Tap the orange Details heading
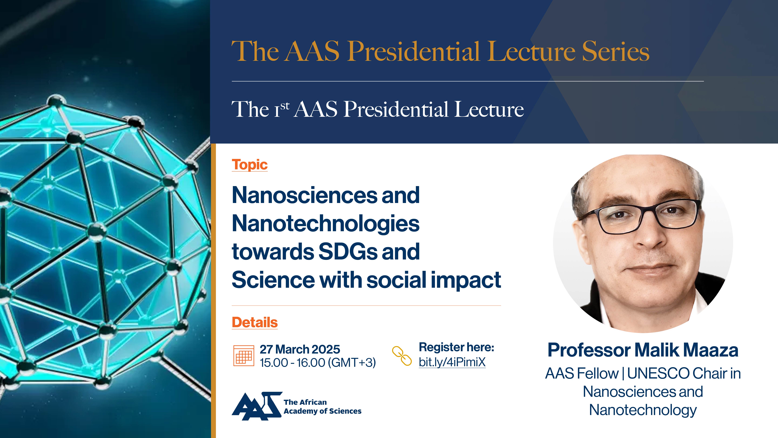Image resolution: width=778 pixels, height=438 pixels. (255, 323)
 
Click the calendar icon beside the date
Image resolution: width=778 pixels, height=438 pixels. (243, 356)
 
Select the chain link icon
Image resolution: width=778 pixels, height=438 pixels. (402, 356)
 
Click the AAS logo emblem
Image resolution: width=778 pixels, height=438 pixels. (257, 406)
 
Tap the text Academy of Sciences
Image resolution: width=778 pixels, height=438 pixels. (323, 411)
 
